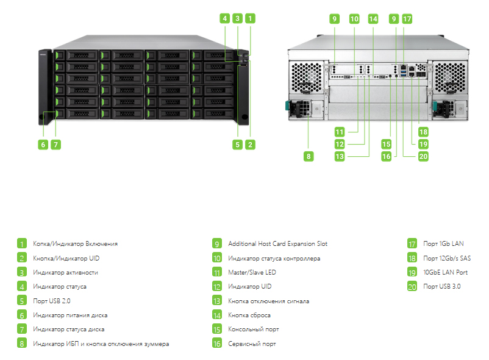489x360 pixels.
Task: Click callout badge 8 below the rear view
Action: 309,156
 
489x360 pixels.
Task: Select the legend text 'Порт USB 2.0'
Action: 52,301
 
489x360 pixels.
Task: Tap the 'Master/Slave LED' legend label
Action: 252,272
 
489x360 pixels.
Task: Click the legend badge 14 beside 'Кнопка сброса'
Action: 217,315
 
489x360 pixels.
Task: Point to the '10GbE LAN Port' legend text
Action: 445,272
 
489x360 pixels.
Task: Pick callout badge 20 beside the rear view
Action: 423,156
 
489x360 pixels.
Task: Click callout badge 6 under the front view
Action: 43,145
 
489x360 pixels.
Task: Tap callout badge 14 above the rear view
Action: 373,19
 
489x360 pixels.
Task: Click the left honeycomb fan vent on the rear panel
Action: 307,77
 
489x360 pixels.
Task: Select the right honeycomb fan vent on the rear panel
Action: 451,77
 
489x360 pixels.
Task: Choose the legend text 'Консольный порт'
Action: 254,329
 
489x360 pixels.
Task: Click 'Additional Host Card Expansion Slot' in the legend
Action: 278,244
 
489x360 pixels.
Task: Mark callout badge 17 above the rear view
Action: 407,19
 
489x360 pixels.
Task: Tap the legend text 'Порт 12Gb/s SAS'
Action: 447,258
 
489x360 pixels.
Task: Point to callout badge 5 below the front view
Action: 237,145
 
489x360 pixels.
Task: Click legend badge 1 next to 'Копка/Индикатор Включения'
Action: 22,243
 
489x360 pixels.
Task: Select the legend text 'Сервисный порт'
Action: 252,344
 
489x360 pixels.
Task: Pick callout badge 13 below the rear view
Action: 340,156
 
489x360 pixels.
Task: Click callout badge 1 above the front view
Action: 250,18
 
